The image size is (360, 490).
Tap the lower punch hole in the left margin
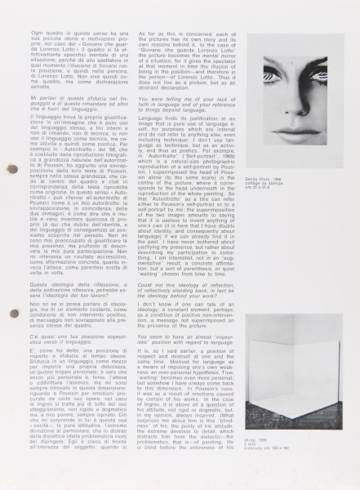pos(11,336)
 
